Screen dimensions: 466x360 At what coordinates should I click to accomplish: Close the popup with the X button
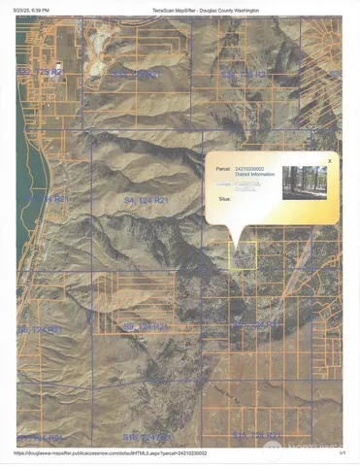(x=330, y=160)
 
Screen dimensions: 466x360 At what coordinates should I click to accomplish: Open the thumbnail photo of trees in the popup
(x=305, y=183)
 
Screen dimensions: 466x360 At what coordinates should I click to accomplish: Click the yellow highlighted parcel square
(x=243, y=255)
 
